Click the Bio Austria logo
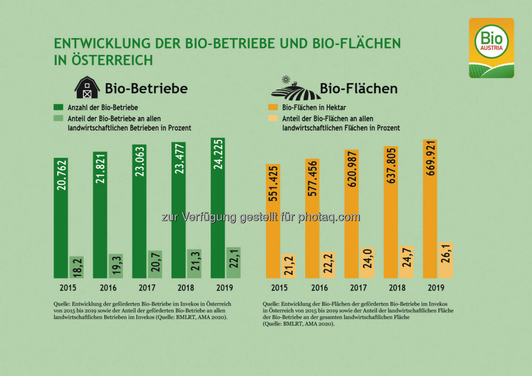(x=491, y=48)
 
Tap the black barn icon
(x=87, y=88)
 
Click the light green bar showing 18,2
(x=76, y=267)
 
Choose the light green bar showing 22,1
(x=233, y=262)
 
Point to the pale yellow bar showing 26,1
(x=446, y=260)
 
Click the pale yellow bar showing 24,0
(x=367, y=263)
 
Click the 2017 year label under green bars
(x=147, y=288)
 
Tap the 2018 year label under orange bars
(x=397, y=288)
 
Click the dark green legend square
(x=58, y=107)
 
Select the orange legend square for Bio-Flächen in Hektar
(x=273, y=107)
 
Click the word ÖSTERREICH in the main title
(x=112, y=60)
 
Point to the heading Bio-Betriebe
(x=146, y=89)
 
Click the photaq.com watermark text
(x=329, y=217)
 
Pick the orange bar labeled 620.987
(x=351, y=214)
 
